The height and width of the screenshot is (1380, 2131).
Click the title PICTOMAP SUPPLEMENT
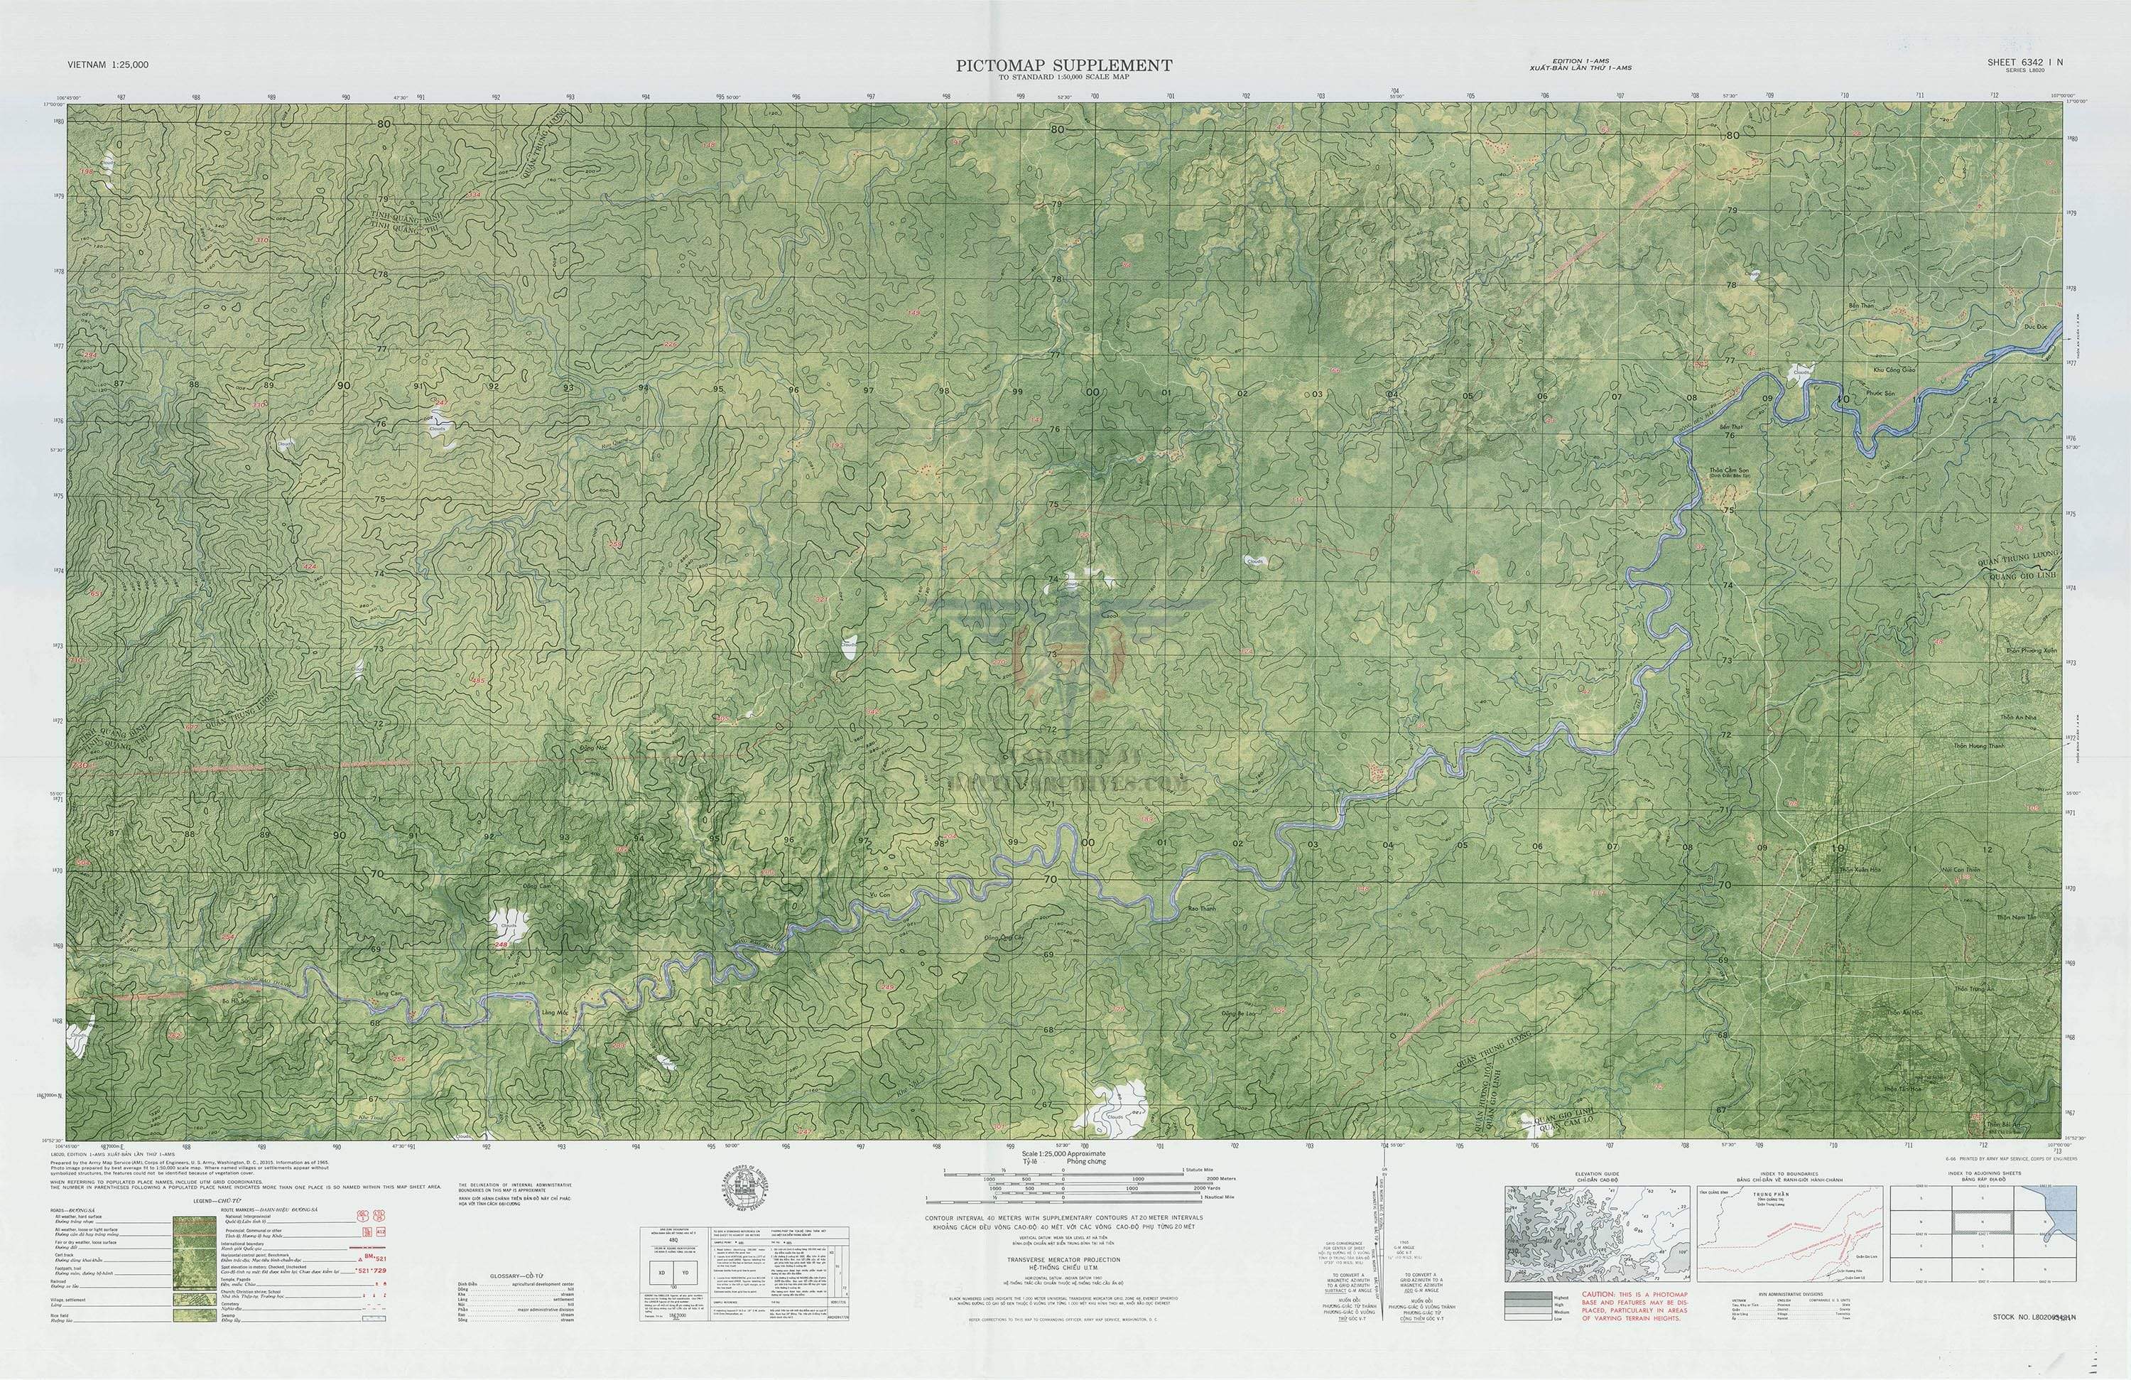1063,65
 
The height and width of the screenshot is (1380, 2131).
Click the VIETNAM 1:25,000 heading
107,65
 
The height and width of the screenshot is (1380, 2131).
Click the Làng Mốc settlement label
555,1012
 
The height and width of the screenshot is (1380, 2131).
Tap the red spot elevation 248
499,945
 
